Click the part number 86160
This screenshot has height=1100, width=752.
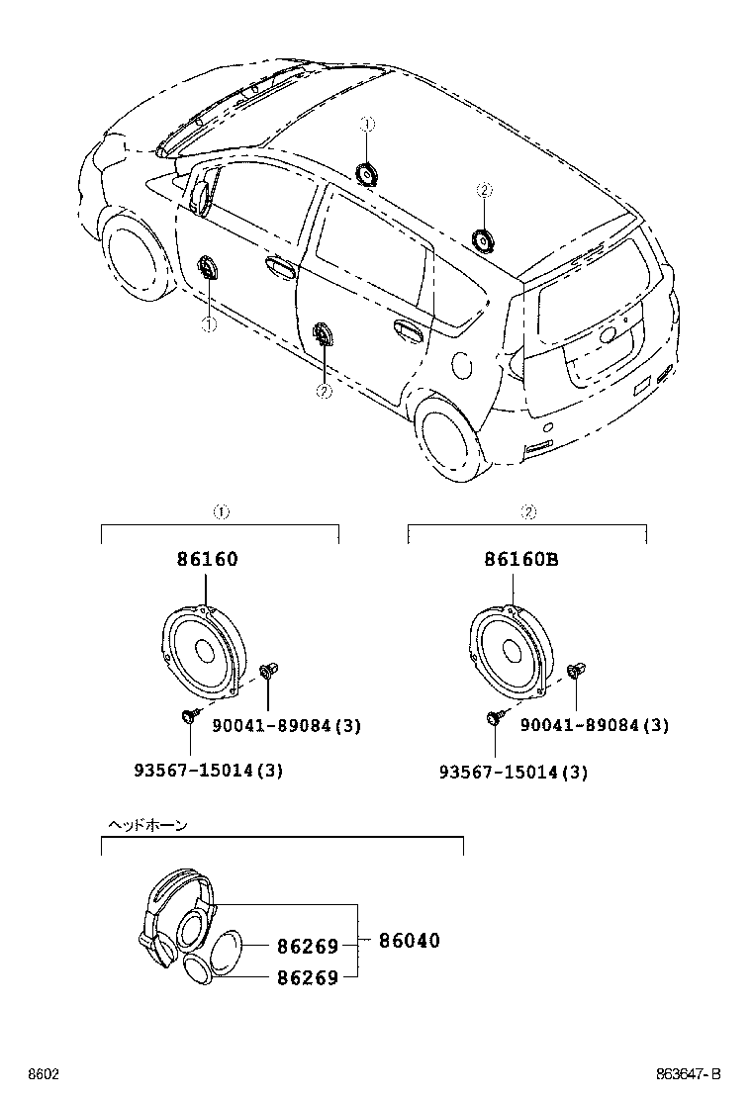pos(208,559)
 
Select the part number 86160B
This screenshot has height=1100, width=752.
pos(521,559)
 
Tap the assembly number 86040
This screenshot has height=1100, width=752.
pos(409,941)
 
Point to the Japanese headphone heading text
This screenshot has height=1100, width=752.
pos(146,824)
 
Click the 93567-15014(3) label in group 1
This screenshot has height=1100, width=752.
pos(208,771)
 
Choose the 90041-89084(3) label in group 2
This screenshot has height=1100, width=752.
pos(594,726)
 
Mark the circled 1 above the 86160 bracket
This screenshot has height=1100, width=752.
pos(221,512)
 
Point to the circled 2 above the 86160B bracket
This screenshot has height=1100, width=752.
pos(528,512)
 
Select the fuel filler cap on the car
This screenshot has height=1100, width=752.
pos(461,364)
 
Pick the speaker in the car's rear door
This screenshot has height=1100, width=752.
pos(324,336)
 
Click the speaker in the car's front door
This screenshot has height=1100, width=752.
pos(209,268)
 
